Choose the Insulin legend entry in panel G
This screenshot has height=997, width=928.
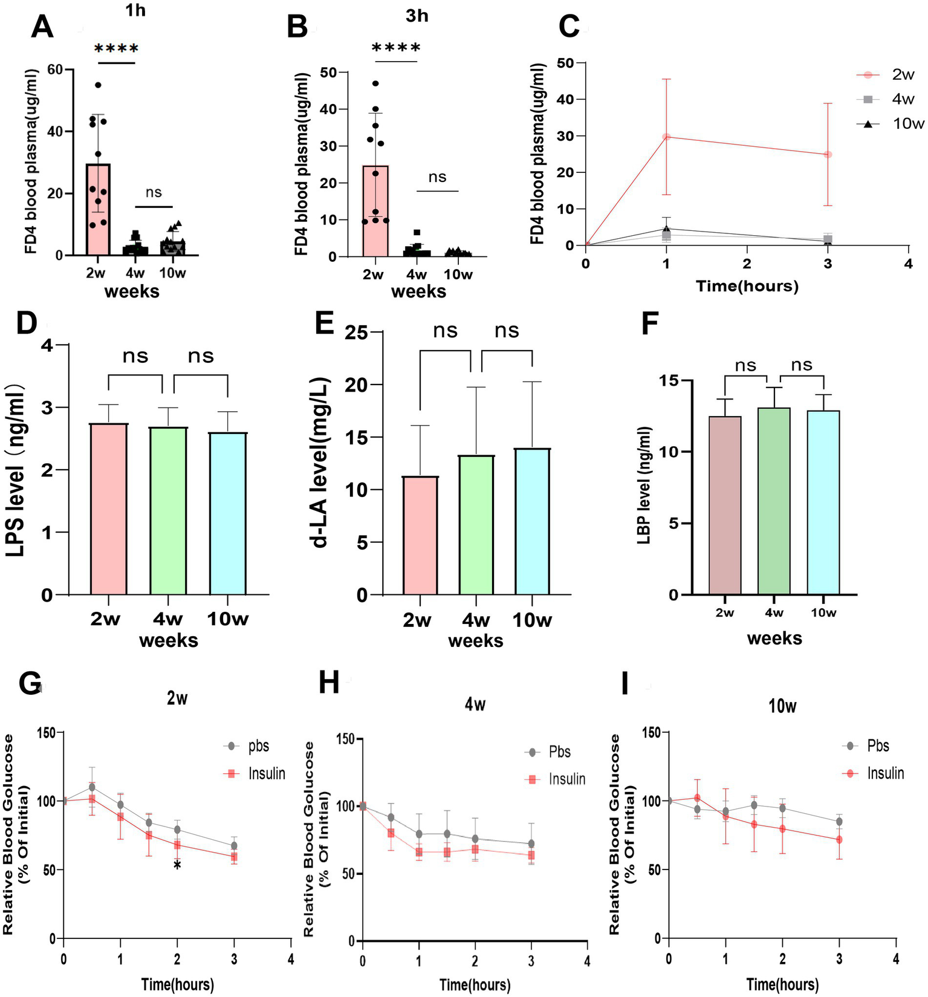[x=255, y=773]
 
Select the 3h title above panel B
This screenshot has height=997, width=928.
[x=417, y=16]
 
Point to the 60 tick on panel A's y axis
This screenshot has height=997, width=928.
[x=55, y=70]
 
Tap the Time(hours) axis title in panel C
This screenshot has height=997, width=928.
[x=747, y=286]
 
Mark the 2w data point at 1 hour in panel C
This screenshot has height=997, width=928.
[x=666, y=137]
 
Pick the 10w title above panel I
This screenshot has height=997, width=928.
[x=782, y=706]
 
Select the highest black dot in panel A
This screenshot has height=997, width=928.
[x=98, y=85]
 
